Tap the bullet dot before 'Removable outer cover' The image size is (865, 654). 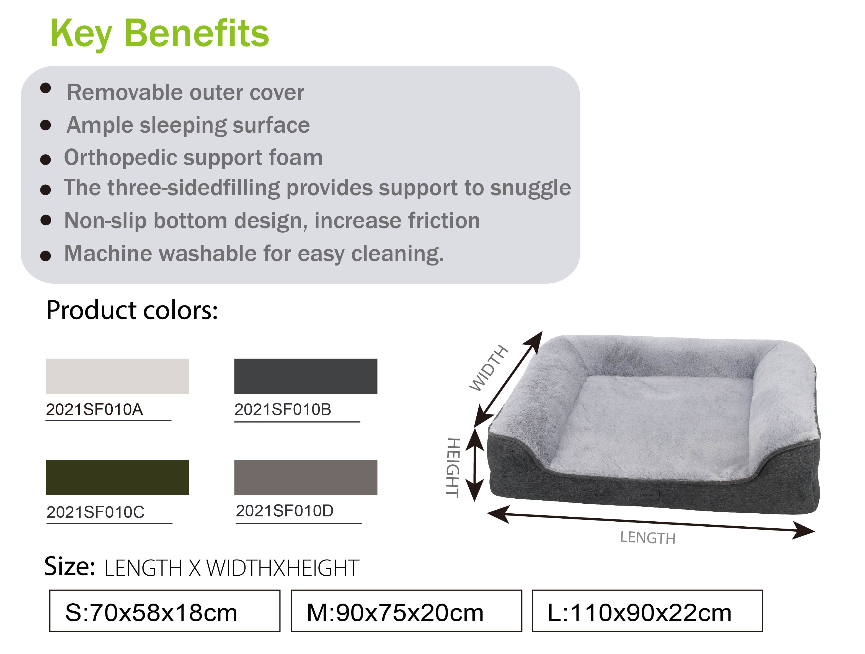coord(46,88)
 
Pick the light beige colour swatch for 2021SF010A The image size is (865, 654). coord(117,376)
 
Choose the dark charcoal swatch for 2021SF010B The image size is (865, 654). coord(306,376)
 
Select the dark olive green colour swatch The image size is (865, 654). coord(117,478)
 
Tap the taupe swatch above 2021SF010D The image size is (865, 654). coord(306,478)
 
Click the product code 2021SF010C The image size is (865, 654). coord(95,512)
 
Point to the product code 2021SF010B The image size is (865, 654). coord(283,410)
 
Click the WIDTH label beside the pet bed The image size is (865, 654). coord(489,368)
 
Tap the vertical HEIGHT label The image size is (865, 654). coord(453,468)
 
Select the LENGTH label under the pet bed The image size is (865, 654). coord(648,538)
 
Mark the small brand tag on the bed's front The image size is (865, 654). coord(646,495)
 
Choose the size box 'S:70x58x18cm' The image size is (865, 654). coord(165,611)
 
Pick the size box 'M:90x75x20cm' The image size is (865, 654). coord(407,611)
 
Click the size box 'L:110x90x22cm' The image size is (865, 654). coord(647,611)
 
